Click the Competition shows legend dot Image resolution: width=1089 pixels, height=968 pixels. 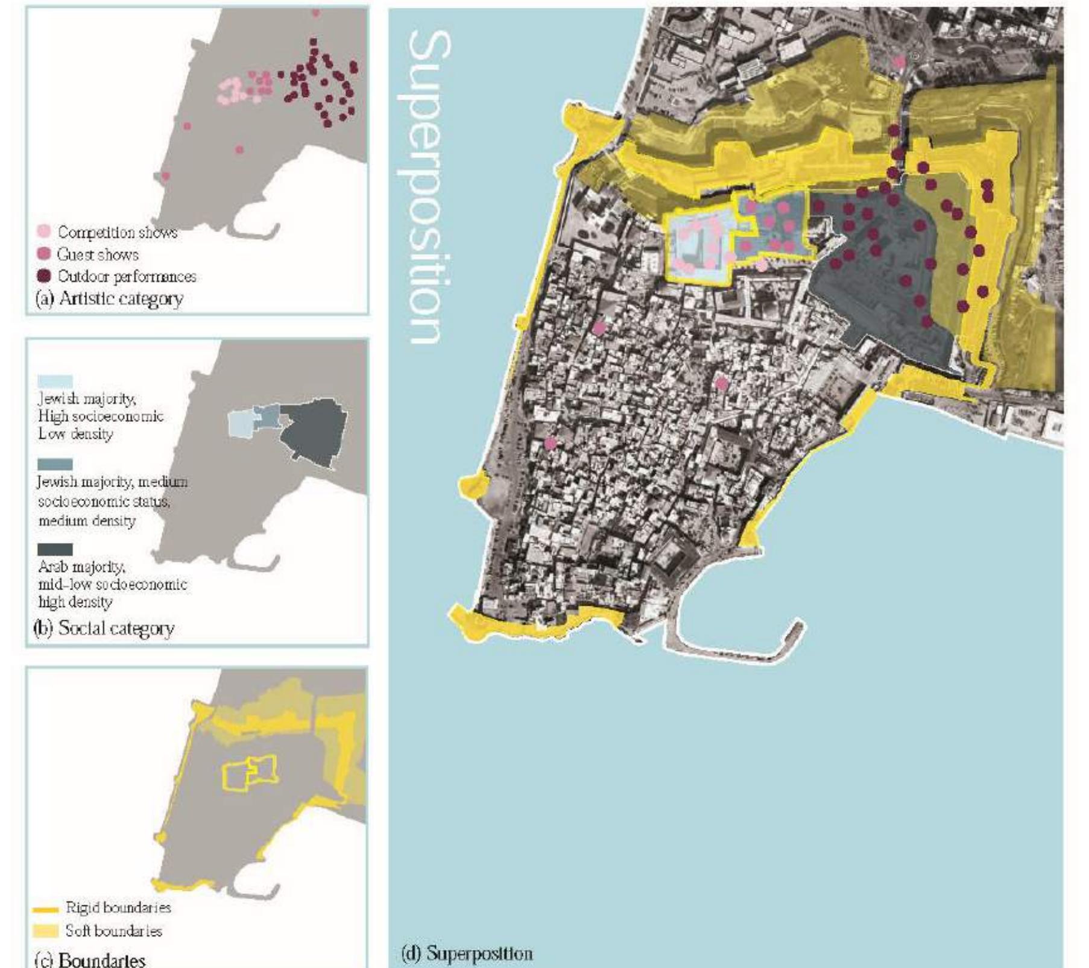click(x=44, y=231)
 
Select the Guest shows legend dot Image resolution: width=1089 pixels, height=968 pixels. click(x=44, y=254)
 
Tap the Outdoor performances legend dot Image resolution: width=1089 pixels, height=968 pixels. click(x=44, y=276)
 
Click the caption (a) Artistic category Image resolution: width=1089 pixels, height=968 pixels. click(x=109, y=299)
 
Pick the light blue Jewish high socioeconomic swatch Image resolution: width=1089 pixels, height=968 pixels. click(x=55, y=381)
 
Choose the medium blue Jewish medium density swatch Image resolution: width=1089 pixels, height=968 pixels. click(x=55, y=464)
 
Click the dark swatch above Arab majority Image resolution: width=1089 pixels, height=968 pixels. click(x=55, y=549)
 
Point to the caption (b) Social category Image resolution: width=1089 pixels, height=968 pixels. click(x=104, y=629)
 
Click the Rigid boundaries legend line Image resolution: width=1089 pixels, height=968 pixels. click(x=46, y=909)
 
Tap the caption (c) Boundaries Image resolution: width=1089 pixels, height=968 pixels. click(x=90, y=960)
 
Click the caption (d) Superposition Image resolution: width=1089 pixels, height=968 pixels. click(x=467, y=954)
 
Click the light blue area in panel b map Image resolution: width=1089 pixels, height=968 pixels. click(x=240, y=424)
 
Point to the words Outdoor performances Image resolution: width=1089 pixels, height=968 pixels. click(x=127, y=277)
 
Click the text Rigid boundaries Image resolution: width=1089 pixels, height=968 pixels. click(x=118, y=908)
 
